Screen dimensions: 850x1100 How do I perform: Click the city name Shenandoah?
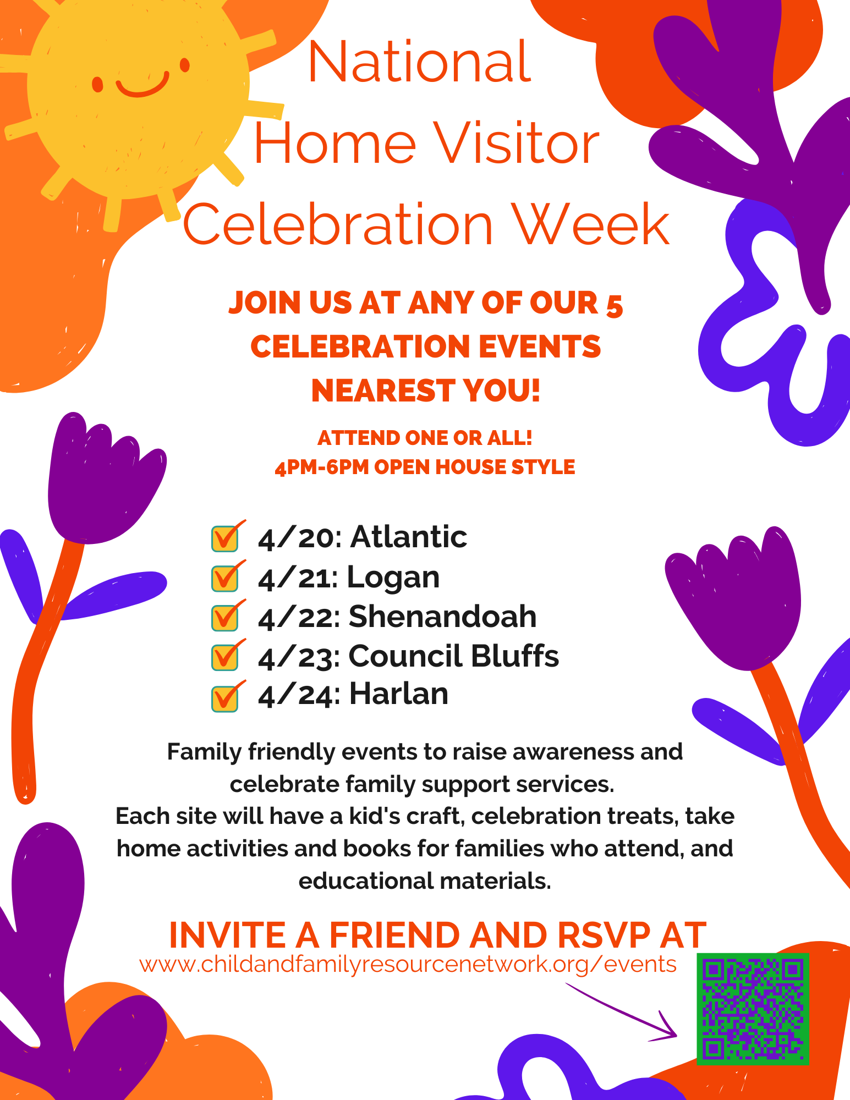(x=442, y=616)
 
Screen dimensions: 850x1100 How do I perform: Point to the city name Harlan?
(x=399, y=694)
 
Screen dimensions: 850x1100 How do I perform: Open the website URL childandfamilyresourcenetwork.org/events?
(x=408, y=965)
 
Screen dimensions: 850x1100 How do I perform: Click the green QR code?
(x=753, y=1009)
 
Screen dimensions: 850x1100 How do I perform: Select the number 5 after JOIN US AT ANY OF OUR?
(x=614, y=306)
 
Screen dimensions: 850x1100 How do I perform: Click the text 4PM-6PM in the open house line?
(x=321, y=468)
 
